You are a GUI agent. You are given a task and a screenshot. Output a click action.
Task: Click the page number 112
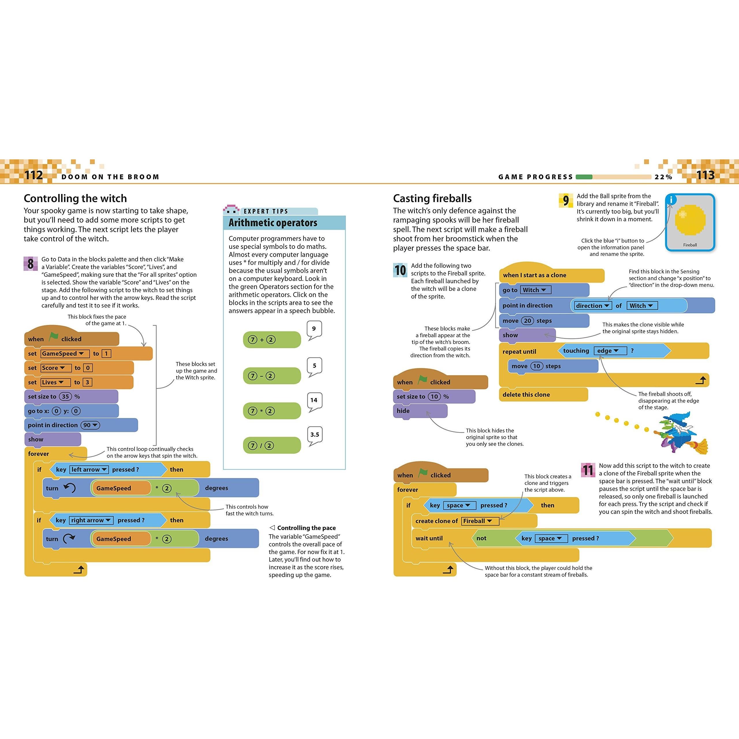point(34,175)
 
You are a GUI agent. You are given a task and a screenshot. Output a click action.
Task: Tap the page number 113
point(705,175)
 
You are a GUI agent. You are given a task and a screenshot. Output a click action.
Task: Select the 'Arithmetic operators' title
point(273,223)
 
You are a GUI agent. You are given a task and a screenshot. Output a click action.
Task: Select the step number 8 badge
point(31,264)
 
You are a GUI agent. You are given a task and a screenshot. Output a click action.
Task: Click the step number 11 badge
point(588,470)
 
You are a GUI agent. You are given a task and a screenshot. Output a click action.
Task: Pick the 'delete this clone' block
point(543,395)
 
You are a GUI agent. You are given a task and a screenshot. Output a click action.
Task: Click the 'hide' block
point(420,411)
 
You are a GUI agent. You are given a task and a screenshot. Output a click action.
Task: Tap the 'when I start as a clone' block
point(551,275)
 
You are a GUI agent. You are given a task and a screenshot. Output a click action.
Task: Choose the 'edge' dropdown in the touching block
point(610,351)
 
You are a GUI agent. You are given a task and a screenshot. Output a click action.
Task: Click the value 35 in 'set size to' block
point(66,397)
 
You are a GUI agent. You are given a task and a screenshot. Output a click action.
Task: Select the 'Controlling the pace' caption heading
point(306,528)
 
